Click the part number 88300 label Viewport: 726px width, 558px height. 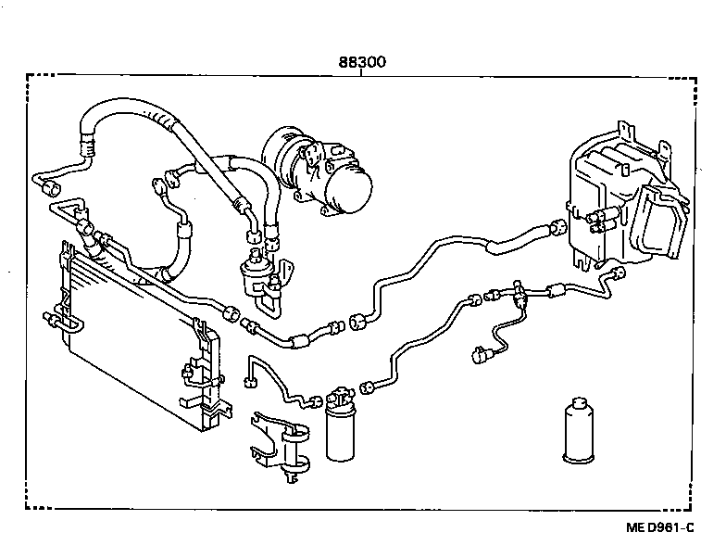coord(360,62)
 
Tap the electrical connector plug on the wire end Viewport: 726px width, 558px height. coord(481,352)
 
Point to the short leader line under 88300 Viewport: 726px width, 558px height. coord(360,74)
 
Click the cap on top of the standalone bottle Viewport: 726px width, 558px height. coord(582,406)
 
